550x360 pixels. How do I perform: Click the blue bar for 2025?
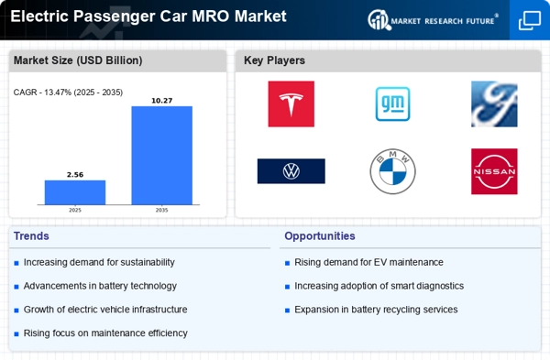75,192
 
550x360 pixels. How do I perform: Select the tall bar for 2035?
161,156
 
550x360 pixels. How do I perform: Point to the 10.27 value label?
161,101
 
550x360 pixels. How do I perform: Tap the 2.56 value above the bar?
75,175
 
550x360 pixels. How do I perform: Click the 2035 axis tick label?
161,211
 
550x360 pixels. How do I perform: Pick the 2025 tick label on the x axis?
75,211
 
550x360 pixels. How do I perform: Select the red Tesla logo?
291,104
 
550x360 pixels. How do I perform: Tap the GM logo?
393,104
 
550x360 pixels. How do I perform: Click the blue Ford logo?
494,104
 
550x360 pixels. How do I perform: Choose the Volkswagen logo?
291,171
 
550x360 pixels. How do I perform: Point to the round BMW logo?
393,171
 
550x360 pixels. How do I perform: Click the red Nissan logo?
494,171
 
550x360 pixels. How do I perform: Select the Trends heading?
31,236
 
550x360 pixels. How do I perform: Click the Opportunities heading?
320,236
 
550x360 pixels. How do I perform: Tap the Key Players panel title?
274,60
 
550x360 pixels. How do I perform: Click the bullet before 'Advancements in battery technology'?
16,287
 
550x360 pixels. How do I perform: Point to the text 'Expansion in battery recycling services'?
376,310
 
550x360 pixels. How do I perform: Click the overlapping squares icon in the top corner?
530,20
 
